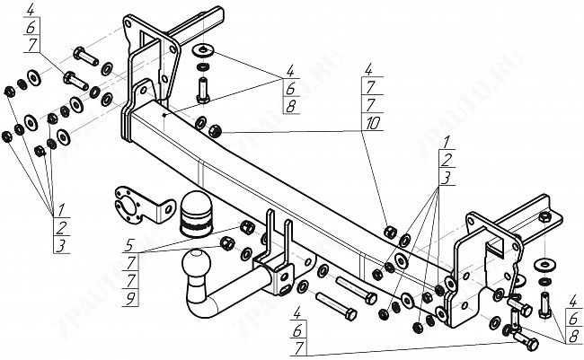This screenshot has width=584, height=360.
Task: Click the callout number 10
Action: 369,122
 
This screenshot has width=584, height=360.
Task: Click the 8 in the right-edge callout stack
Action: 571,335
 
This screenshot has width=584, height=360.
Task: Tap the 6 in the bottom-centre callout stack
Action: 296,329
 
